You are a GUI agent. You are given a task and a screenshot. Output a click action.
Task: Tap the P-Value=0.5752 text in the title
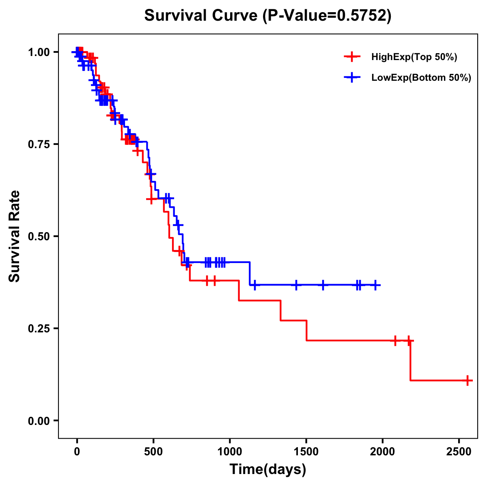click(327, 16)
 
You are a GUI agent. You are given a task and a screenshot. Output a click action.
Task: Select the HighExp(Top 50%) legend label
click(414, 57)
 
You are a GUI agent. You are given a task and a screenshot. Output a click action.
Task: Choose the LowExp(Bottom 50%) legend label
click(421, 78)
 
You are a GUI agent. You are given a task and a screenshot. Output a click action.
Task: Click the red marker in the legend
click(352, 57)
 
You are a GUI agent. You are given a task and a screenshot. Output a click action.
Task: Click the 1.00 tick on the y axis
click(39, 52)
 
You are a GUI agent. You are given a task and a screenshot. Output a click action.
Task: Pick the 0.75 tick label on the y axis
click(39, 144)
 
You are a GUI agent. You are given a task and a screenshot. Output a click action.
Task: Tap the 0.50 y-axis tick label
click(39, 237)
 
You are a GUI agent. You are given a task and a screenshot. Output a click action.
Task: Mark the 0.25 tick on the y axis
click(39, 329)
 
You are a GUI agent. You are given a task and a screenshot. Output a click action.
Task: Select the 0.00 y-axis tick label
click(39, 421)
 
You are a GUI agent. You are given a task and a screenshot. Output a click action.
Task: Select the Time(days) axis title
click(268, 470)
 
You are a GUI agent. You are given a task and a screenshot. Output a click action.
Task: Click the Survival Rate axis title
click(15, 236)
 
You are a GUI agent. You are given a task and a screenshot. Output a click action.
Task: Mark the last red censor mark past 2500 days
click(468, 380)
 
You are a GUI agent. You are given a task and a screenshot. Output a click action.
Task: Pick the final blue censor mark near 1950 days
click(375, 285)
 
